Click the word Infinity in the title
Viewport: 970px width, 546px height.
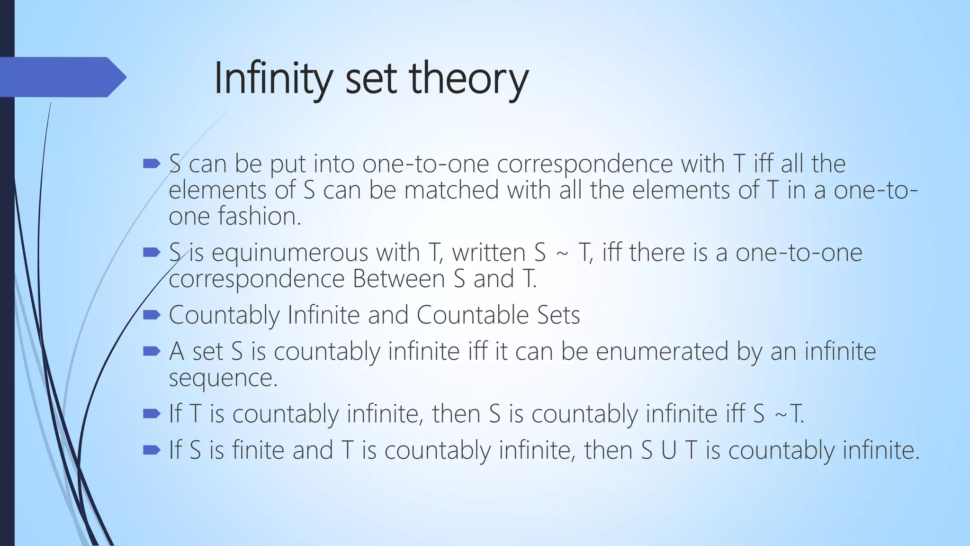click(x=272, y=78)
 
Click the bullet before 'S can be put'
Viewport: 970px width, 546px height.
click(x=152, y=164)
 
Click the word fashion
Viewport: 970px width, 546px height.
click(x=259, y=216)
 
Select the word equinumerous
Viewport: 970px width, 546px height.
click(x=289, y=253)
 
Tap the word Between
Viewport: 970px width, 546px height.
click(x=399, y=279)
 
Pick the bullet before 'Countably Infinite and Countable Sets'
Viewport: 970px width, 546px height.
click(x=152, y=315)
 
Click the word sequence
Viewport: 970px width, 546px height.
click(x=223, y=378)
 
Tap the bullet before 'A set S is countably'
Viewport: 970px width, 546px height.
click(x=152, y=351)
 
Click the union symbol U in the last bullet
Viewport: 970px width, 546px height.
click(x=668, y=450)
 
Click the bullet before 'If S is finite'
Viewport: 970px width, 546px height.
click(x=152, y=450)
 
